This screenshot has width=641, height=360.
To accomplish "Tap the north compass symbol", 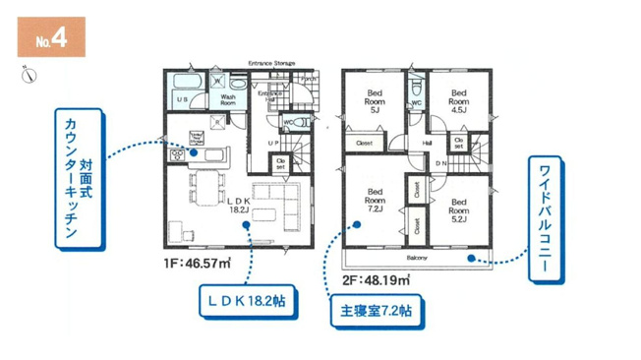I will coord(28,74).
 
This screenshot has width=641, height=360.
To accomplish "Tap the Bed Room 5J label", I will coord(377,101).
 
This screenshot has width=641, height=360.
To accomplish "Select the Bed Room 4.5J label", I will coord(457,101).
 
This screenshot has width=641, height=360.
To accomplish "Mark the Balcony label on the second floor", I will coord(417,258).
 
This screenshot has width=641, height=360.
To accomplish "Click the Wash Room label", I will coord(228,99).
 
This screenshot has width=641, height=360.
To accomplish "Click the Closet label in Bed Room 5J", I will coord(365,144).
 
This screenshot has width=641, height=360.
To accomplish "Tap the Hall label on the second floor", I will coord(428,144).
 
